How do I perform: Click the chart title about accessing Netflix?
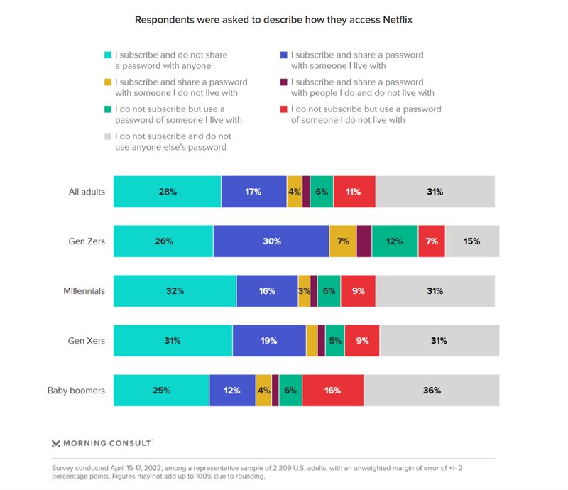(273, 20)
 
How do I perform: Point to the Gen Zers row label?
(87, 241)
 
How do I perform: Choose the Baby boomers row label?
(76, 391)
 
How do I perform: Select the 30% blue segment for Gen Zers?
(271, 241)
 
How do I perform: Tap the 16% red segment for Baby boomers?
(332, 391)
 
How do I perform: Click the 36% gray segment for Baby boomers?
(432, 391)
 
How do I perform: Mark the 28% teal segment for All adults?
(168, 192)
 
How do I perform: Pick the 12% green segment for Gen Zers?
(395, 241)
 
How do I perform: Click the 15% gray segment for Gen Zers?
(472, 241)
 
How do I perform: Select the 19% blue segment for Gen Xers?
(269, 341)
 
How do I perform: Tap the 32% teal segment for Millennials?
(175, 291)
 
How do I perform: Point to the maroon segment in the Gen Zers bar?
(364, 241)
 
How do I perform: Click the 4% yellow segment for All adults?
(295, 192)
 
